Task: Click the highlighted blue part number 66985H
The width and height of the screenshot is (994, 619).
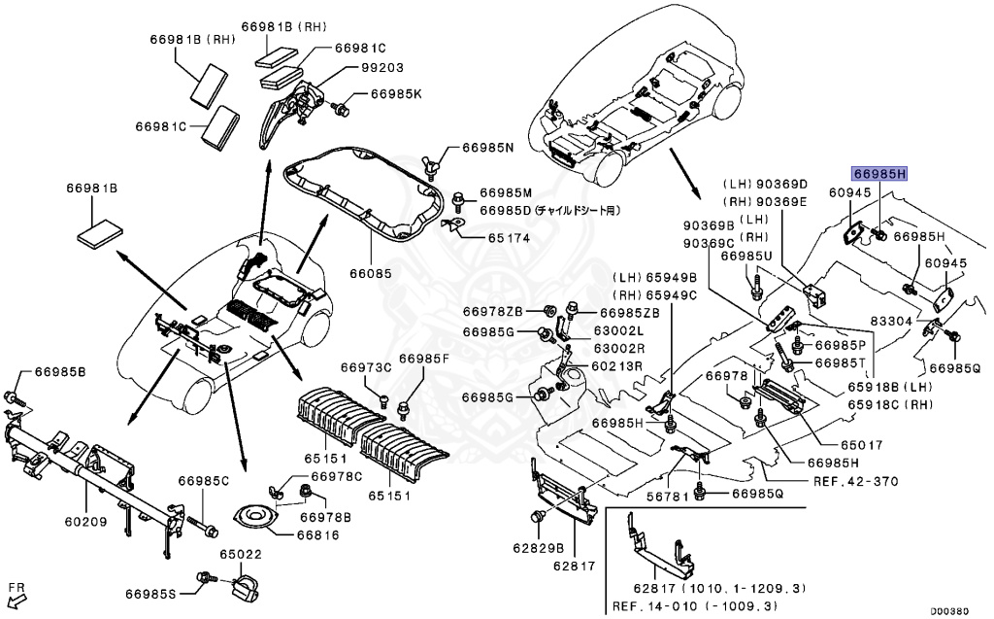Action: click(x=879, y=175)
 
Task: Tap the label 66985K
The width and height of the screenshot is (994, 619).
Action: click(x=396, y=94)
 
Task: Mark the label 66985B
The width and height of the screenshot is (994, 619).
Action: click(x=60, y=372)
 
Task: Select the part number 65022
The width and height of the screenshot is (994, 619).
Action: click(x=240, y=554)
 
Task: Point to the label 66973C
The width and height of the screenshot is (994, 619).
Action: click(x=365, y=367)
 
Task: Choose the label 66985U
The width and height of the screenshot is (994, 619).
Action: click(x=746, y=257)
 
